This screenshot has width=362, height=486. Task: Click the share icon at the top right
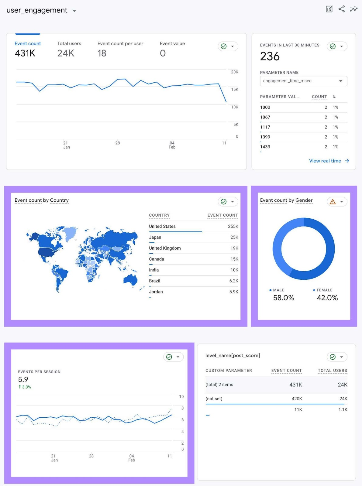[341, 9]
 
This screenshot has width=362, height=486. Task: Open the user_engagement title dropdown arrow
[74, 11]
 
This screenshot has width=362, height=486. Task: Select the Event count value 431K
[25, 53]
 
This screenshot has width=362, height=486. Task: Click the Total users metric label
[69, 43]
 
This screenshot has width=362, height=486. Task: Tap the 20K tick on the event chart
[234, 72]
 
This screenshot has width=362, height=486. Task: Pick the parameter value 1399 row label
[265, 137]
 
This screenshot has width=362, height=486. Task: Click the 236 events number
[270, 56]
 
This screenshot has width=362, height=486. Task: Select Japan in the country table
[155, 237]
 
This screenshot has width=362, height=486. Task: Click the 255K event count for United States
[233, 226]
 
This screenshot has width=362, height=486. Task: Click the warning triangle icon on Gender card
[333, 202]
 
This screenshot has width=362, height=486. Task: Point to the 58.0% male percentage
[283, 298]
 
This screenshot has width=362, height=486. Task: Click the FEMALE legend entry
[324, 290]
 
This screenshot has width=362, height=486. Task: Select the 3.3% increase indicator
[25, 387]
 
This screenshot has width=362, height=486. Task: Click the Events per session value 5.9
[23, 379]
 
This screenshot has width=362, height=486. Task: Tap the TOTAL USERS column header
[332, 371]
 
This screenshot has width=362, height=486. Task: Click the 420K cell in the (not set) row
[297, 399]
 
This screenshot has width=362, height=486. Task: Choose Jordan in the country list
[156, 292]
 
